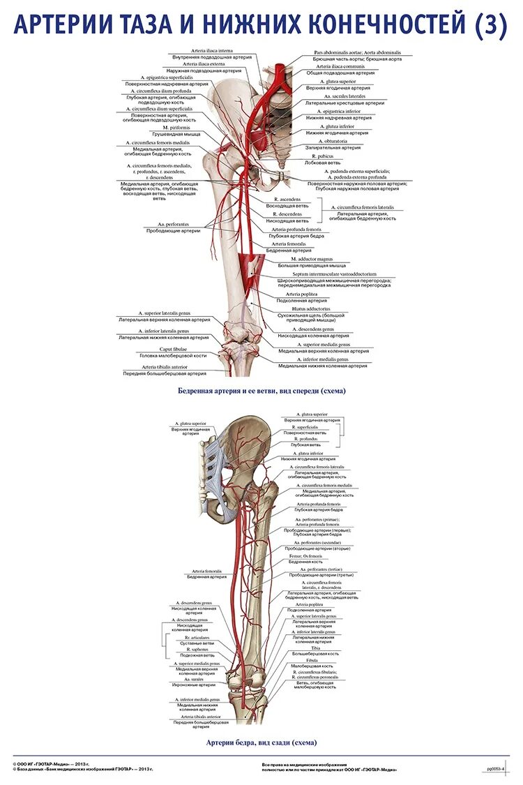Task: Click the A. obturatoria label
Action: (332, 142)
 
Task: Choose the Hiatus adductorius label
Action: (312, 308)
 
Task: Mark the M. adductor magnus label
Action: (312, 259)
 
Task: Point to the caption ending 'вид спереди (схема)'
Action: (261, 392)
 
